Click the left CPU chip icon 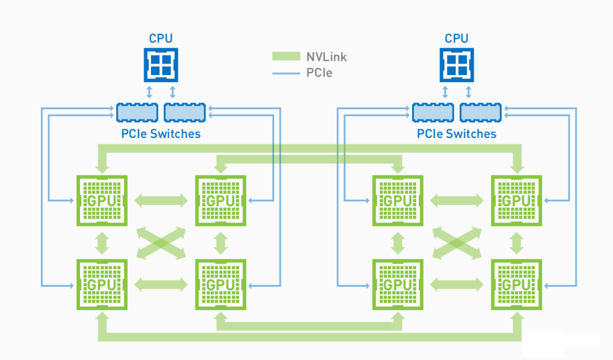point(161,65)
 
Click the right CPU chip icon point(456,65)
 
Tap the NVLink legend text point(326,57)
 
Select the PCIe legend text point(319,73)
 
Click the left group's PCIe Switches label point(161,134)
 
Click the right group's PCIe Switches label point(456,134)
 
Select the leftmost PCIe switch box point(137,112)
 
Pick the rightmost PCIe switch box point(480,112)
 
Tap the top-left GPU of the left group point(102,200)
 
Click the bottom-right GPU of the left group point(220,284)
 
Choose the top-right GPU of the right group point(516,200)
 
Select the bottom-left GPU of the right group point(397,284)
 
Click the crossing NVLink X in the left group point(161,242)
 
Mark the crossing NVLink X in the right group point(457,242)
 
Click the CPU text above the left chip point(161,39)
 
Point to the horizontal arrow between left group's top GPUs point(161,200)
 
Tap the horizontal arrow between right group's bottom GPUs point(457,284)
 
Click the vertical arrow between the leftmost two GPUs point(102,242)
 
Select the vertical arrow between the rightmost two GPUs point(516,242)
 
